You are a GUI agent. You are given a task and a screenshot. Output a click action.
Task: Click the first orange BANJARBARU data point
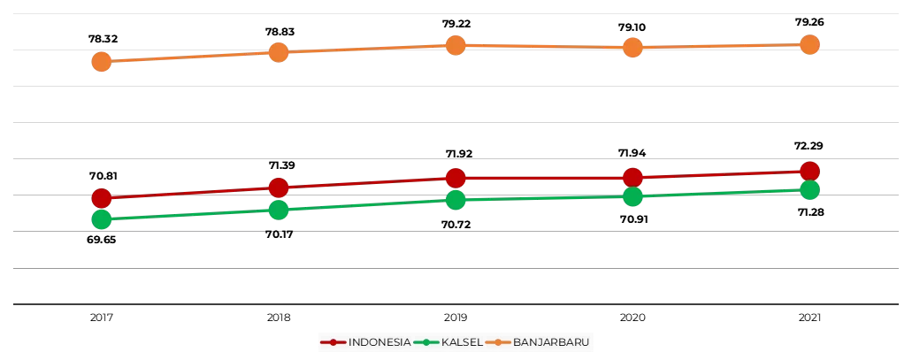pos(101,62)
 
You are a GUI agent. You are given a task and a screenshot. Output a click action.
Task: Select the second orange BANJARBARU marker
pos(279,52)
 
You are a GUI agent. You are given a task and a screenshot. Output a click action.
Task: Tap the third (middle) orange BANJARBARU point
pos(456,45)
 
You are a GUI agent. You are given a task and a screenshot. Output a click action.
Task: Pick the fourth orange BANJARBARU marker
pos(632,48)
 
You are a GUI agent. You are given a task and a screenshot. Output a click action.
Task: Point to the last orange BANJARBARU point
pos(809,44)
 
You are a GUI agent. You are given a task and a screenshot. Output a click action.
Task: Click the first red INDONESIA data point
pos(101,197)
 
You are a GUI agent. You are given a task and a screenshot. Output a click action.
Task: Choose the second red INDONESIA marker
pos(279,188)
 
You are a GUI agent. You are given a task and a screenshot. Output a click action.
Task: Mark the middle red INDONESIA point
pos(456,178)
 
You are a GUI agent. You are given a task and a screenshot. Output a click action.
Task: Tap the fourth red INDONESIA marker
pos(632,178)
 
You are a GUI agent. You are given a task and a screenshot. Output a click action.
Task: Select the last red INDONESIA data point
pos(809,172)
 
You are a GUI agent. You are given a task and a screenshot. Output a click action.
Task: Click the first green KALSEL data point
pos(101,219)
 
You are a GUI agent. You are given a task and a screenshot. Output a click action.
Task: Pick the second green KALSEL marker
pos(279,210)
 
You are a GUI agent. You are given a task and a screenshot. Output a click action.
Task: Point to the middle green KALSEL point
pos(456,200)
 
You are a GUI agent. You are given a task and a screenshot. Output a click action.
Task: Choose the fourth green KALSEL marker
pos(632,196)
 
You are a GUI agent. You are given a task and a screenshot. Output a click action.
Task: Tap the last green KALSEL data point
pos(809,189)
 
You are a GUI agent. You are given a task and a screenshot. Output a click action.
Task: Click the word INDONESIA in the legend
pos(379,342)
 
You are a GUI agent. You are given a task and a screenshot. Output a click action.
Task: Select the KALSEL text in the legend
pos(461,342)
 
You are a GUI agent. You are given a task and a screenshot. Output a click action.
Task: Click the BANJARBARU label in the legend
pos(551,342)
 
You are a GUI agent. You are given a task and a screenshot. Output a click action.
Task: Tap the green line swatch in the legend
pos(425,342)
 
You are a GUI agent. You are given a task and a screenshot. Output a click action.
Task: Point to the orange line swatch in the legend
pos(498,342)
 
